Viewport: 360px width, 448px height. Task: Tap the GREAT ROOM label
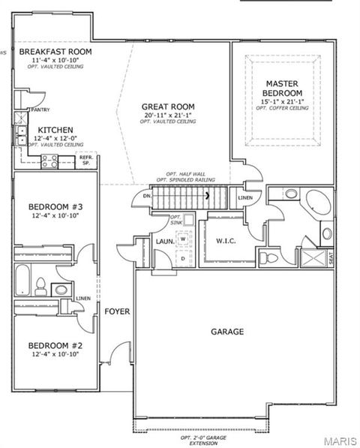(x=169, y=107)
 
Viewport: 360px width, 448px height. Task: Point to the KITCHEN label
(x=55, y=129)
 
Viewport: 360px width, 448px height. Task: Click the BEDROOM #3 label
(x=55, y=207)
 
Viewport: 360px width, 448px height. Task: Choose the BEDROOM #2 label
(x=55, y=346)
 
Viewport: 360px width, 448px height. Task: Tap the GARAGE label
(x=226, y=331)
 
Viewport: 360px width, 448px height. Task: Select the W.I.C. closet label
(x=226, y=241)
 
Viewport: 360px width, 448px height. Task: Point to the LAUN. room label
(x=165, y=242)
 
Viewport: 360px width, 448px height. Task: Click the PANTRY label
(x=40, y=110)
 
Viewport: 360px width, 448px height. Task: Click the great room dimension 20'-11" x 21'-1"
(x=169, y=115)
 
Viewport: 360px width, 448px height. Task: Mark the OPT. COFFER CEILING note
(x=282, y=108)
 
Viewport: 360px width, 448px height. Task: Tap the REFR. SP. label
(x=85, y=160)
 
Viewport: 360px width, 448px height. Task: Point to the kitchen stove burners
(x=50, y=158)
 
